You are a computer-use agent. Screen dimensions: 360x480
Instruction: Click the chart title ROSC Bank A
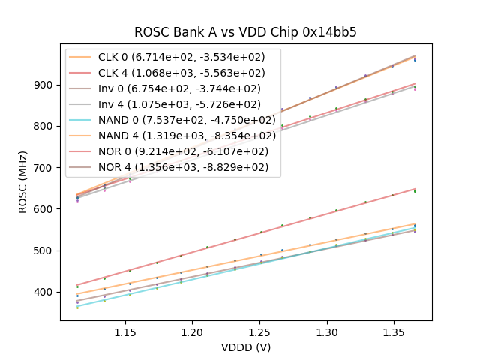(245, 32)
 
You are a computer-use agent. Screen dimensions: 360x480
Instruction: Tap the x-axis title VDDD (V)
(245, 347)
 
